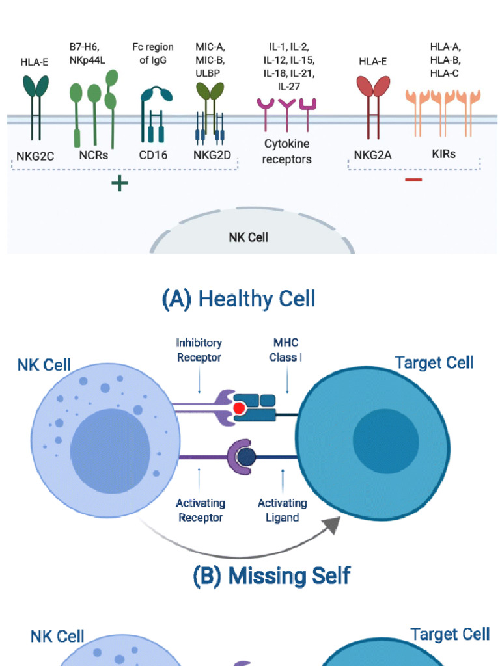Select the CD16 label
point(152,155)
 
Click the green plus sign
point(119,183)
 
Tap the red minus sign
point(413,179)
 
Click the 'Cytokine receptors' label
point(287,152)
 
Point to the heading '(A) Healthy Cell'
point(238,299)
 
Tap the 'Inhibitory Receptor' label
point(199,350)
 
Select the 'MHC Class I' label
point(285,350)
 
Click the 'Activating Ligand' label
point(282,511)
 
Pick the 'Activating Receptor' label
point(201,511)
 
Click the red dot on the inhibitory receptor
point(240,408)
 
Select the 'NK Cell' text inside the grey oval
point(248,237)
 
